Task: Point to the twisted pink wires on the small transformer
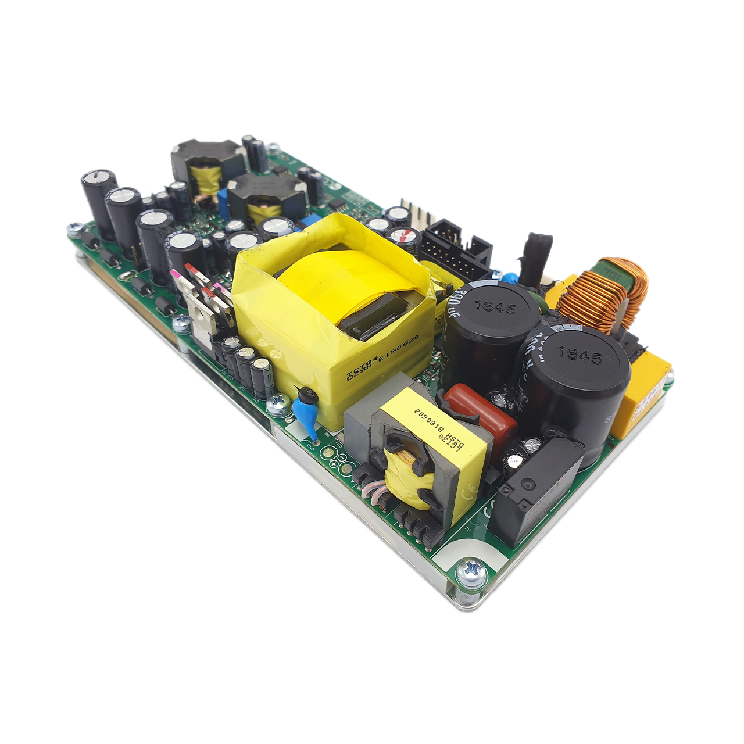tap(372, 491)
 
